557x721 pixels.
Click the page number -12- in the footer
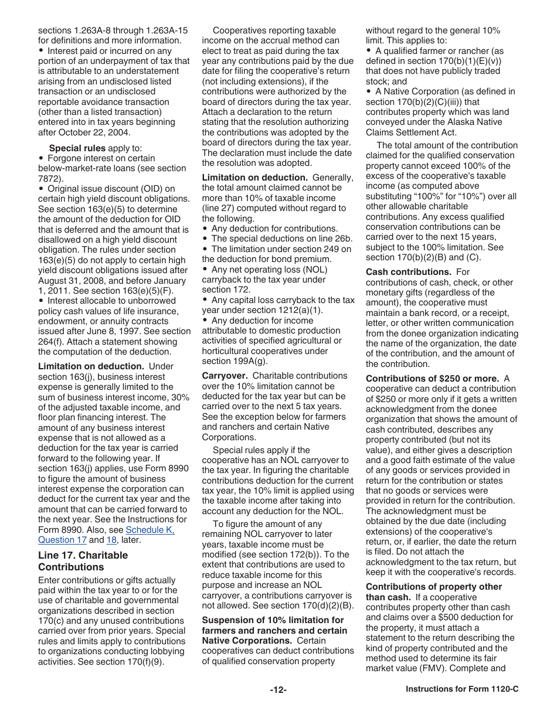point(278,690)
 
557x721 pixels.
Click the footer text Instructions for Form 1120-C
point(462,690)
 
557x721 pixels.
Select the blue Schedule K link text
point(150,530)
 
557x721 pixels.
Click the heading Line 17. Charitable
point(83,555)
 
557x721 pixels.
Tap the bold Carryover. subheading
point(225,376)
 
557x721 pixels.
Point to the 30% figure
point(179,397)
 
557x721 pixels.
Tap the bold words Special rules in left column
point(77,148)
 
